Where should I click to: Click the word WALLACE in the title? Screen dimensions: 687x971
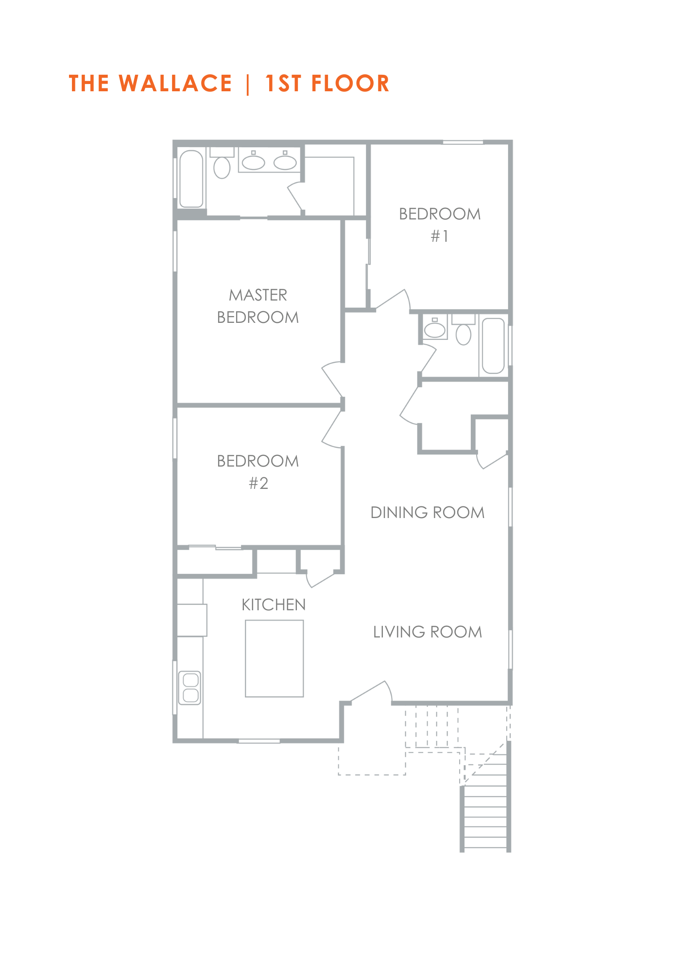175,84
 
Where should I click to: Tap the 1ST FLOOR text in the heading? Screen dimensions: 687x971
327,84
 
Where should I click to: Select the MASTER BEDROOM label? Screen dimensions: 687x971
258,306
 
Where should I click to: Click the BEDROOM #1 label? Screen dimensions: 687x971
440,224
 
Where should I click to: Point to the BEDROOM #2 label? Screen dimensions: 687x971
258,472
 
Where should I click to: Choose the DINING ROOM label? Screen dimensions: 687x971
428,513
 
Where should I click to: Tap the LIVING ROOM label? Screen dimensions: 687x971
428,632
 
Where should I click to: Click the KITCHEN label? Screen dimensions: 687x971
274,604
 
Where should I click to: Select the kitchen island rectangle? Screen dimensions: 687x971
275,658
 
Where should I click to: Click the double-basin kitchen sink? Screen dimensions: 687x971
190,687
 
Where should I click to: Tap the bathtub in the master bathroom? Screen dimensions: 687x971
191,179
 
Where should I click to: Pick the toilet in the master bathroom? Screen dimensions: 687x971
222,163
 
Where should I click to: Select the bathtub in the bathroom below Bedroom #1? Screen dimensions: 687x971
493,345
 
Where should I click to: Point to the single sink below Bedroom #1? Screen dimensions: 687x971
435,328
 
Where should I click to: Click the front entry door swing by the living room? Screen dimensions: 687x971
372,691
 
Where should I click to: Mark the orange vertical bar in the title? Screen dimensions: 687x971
248,84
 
